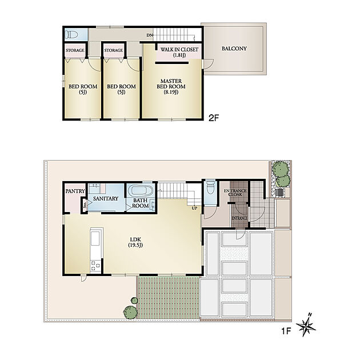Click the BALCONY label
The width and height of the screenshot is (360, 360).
pyautogui.click(x=234, y=49)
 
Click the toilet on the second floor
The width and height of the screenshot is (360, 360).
pyautogui.click(x=71, y=35)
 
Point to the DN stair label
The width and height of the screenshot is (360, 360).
pyautogui.click(x=150, y=35)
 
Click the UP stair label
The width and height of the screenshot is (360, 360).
pyautogui.click(x=194, y=209)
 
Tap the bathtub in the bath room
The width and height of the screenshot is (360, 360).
pyautogui.click(x=140, y=191)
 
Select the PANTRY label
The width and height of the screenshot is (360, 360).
pyautogui.click(x=75, y=191)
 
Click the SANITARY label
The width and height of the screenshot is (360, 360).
pyautogui.click(x=106, y=198)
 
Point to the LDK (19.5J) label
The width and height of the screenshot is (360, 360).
pyautogui.click(x=135, y=242)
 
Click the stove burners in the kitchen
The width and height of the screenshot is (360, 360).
pyautogui.click(x=95, y=266)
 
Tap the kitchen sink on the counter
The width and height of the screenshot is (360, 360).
pyautogui.click(x=95, y=238)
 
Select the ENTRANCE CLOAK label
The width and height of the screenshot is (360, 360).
pyautogui.click(x=235, y=193)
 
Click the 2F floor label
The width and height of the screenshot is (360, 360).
pyautogui.click(x=214, y=118)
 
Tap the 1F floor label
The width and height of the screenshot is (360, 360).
pyautogui.click(x=286, y=331)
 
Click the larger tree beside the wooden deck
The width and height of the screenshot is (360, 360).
pyautogui.click(x=130, y=312)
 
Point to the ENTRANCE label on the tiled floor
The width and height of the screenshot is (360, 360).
pyautogui.click(x=239, y=218)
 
